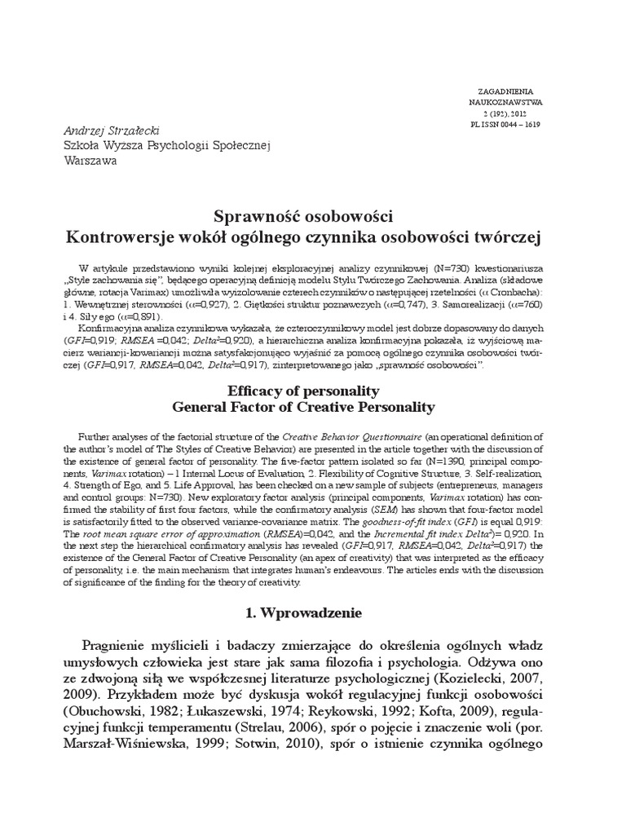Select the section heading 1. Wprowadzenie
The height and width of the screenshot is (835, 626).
(x=302, y=611)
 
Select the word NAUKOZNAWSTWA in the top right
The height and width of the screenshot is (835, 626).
(x=505, y=104)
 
